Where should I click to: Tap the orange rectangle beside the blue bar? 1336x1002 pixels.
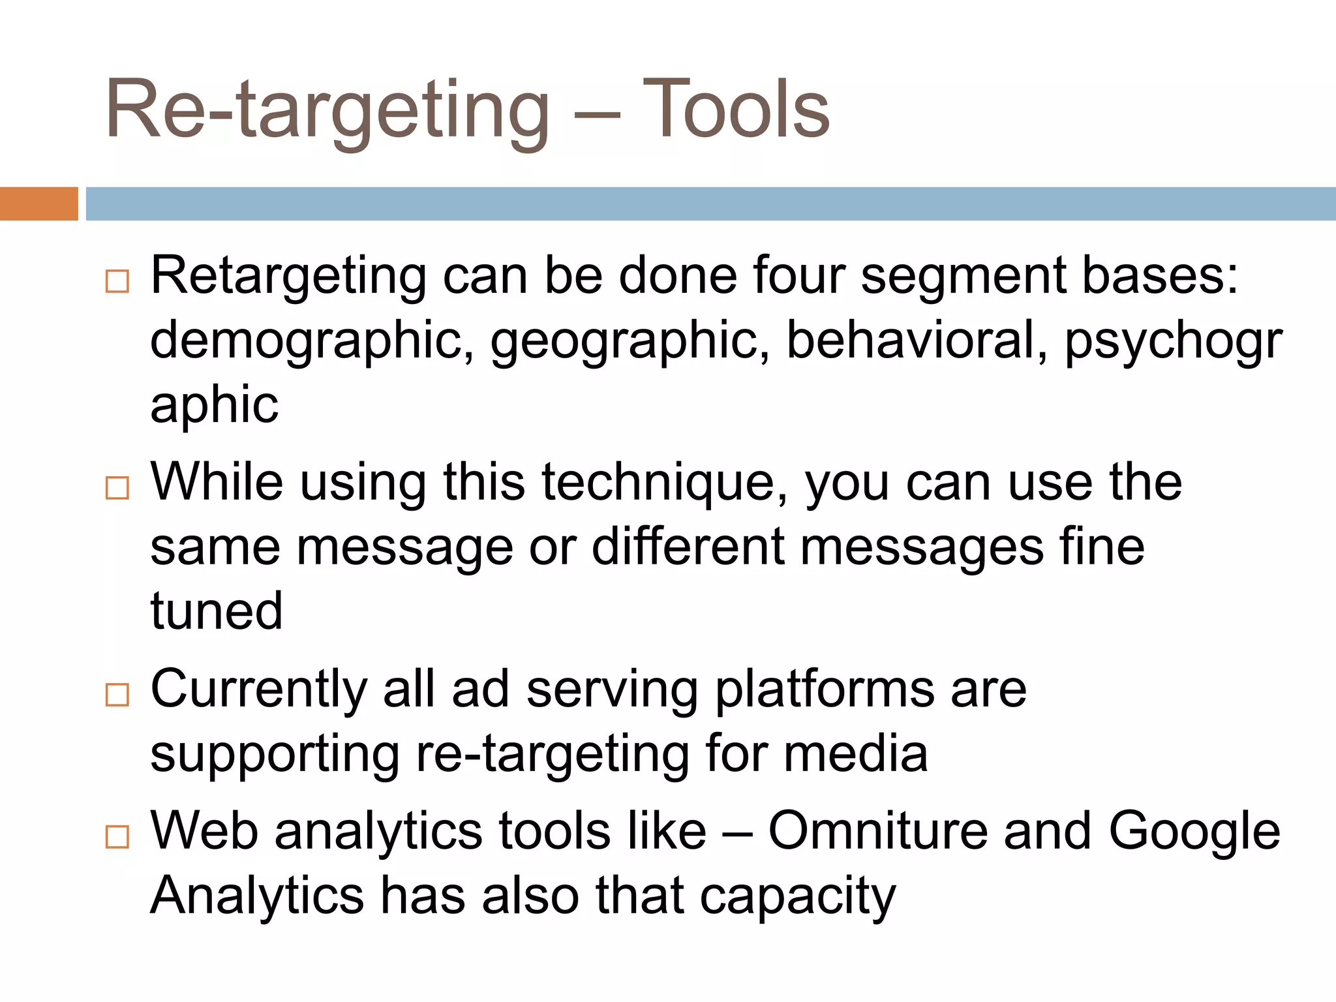tap(38, 204)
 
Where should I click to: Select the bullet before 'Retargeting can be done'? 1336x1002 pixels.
tap(117, 282)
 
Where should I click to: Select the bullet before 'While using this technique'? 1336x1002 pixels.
tap(117, 488)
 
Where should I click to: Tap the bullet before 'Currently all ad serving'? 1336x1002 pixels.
tap(117, 695)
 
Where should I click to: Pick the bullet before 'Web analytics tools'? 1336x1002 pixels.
tap(117, 836)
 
